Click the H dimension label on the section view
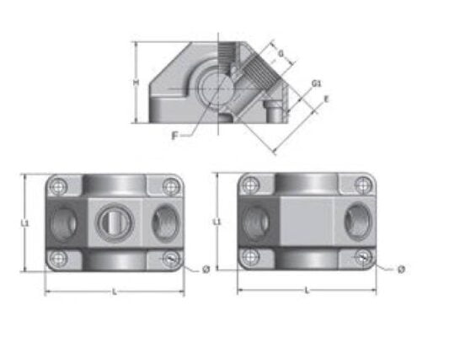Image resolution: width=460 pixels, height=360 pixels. click(x=136, y=83)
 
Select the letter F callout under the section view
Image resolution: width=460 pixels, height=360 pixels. click(x=174, y=135)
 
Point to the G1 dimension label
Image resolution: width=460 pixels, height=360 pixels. click(x=314, y=83)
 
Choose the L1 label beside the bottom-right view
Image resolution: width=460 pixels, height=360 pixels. click(x=218, y=222)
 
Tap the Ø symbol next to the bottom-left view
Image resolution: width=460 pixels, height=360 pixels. click(x=205, y=269)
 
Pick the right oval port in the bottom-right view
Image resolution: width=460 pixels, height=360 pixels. click(x=354, y=223)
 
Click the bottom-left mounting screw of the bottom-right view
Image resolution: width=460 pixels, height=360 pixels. click(x=250, y=257)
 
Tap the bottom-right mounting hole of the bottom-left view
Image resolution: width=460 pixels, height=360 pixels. click(x=170, y=258)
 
